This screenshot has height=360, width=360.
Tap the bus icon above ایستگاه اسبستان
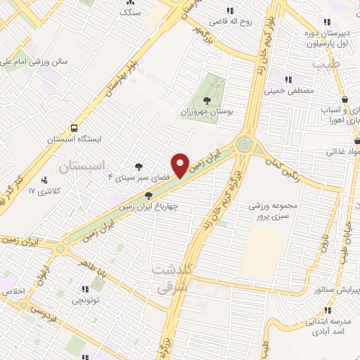[x=74, y=128]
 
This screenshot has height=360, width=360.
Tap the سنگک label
[x=130, y=13]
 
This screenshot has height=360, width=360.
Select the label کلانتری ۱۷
[x=40, y=191]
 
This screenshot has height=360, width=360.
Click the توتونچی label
[x=85, y=301]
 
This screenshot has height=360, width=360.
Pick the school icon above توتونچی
[x=85, y=289]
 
